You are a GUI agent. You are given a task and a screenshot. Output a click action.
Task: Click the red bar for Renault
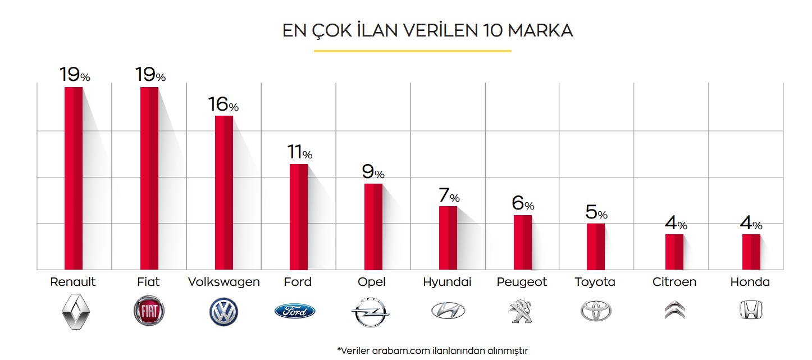point(74,178)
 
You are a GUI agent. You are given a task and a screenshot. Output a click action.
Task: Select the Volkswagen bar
point(224,193)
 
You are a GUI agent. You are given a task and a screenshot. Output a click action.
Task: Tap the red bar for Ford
point(298,217)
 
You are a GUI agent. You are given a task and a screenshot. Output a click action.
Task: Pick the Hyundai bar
point(448,238)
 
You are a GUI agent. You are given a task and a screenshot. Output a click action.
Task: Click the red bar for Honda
point(751,252)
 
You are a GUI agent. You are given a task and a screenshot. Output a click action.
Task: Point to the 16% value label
point(223,105)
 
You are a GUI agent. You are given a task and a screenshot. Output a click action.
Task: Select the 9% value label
point(373,172)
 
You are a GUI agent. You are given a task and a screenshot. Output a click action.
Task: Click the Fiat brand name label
point(148,282)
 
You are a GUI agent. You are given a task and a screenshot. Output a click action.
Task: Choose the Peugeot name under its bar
point(522,282)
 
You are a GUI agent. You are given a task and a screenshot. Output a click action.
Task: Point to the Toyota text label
point(595,282)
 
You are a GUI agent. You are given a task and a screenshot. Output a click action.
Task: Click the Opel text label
point(372,282)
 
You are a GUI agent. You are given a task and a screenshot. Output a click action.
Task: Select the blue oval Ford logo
point(295,311)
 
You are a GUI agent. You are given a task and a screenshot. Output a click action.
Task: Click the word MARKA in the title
point(540,31)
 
